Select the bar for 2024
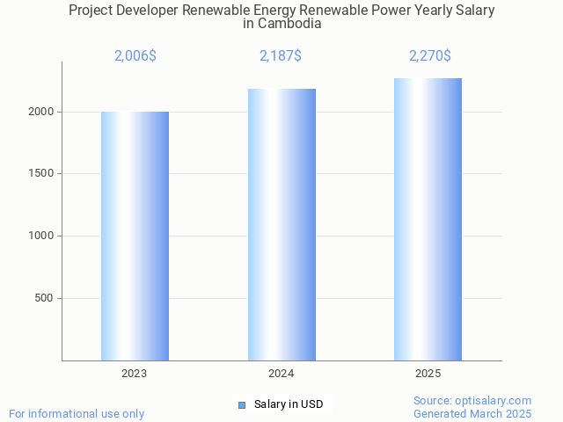coord(281,224)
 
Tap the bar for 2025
coord(428,219)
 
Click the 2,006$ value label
coord(135,56)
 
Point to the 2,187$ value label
coord(281,56)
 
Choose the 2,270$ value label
coord(429,56)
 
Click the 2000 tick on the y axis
coord(40,112)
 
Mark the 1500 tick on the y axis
coord(40,174)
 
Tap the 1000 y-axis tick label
coord(40,236)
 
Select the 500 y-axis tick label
coord(44,298)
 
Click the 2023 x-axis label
coord(135,374)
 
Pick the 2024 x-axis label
coord(281,374)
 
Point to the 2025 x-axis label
coord(428,374)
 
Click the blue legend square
coord(242,404)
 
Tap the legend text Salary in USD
coord(289,404)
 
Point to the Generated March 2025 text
coord(472,413)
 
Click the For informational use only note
coord(77,413)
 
